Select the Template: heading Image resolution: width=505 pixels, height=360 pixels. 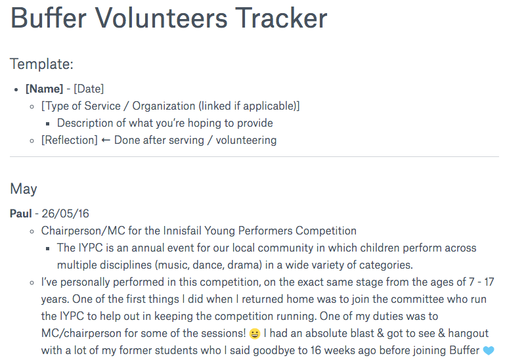tap(41, 64)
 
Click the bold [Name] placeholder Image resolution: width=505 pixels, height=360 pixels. tap(44, 89)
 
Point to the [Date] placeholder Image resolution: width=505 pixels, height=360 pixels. tap(89, 89)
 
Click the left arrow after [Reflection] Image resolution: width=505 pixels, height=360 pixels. tap(106, 140)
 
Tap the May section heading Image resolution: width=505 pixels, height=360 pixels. tap(24, 189)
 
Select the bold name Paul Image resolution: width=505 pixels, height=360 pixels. tap(21, 214)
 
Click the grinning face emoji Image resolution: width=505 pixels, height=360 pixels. tap(255, 334)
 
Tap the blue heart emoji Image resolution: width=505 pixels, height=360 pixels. tap(487, 351)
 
